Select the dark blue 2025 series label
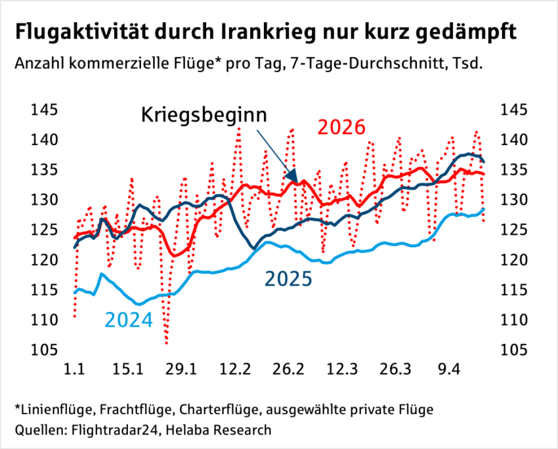[288, 279]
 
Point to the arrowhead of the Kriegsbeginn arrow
[296, 180]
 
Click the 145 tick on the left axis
[44, 110]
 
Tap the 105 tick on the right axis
[514, 350]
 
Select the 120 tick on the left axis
[44, 260]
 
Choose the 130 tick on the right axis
[514, 200]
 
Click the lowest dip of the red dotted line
[167, 343]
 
